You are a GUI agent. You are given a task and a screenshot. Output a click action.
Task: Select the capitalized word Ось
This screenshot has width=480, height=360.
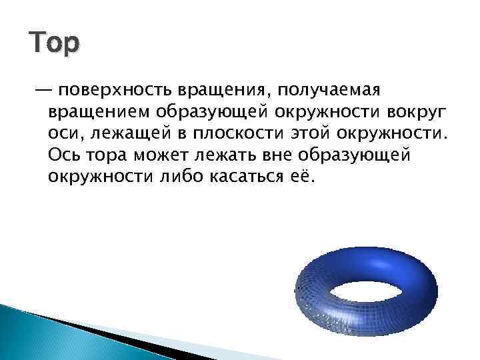click(64, 155)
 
